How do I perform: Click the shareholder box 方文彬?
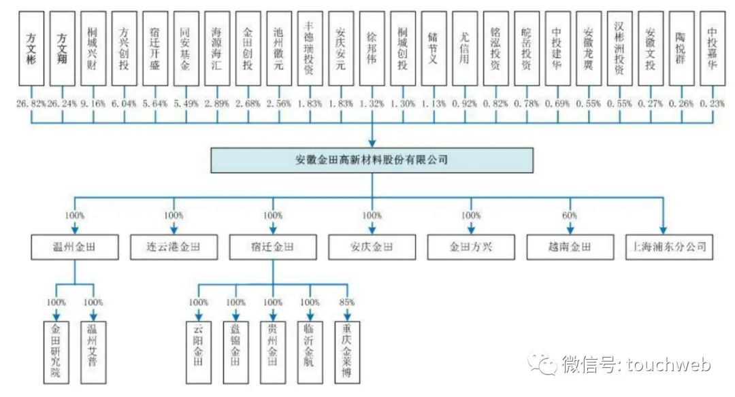tap(31, 48)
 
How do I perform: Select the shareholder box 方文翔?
tap(62, 48)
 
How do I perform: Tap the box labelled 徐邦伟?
tap(372, 48)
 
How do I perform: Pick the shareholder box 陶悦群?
tap(681, 48)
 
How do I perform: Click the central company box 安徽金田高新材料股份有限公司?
tap(372, 160)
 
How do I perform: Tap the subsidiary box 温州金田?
tap(74, 247)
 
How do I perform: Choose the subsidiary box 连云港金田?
tap(174, 247)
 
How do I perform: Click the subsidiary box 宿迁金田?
tap(273, 247)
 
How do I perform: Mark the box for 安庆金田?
tap(372, 247)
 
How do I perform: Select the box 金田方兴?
tap(471, 247)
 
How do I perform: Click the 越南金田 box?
tap(570, 247)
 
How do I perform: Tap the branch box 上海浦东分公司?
tap(669, 247)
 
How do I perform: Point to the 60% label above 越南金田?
tap(570, 215)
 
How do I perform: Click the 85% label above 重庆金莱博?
tap(348, 303)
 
